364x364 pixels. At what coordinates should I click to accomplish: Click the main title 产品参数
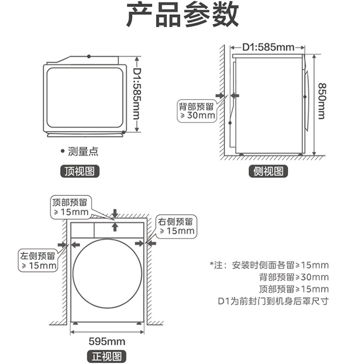(x=182, y=16)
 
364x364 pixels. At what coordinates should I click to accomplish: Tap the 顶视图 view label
(x=80, y=172)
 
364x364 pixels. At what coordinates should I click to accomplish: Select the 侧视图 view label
(x=268, y=172)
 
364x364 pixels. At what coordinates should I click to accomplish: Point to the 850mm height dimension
(x=321, y=101)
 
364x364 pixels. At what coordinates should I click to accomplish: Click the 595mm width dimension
(x=107, y=341)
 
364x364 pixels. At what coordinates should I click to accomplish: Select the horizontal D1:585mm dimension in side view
(x=268, y=46)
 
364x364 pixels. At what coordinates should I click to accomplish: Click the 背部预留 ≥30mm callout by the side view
(x=196, y=111)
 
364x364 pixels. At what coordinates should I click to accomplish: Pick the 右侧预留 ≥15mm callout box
(x=176, y=226)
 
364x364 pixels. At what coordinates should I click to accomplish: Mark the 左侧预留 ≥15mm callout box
(x=38, y=260)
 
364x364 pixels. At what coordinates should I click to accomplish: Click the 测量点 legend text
(x=82, y=152)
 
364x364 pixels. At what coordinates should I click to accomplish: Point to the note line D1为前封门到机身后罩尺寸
(x=273, y=301)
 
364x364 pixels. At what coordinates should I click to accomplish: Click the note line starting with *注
(x=269, y=265)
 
